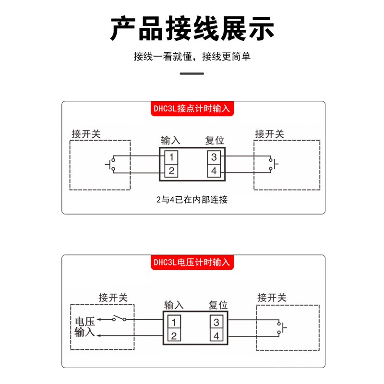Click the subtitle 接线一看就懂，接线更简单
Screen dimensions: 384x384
[192, 57]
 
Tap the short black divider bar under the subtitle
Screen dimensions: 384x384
[192, 73]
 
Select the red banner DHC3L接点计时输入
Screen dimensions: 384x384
[192, 108]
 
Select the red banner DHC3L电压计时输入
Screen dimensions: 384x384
[192, 263]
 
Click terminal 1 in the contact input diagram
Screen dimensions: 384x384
[172, 156]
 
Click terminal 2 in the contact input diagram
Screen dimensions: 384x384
[172, 170]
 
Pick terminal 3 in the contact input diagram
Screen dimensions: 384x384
[214, 156]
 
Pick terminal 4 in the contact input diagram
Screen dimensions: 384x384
[214, 170]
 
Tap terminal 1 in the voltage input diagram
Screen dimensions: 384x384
[175, 322]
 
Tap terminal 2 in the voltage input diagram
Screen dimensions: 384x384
[175, 336]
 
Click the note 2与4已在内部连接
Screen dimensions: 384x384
[192, 200]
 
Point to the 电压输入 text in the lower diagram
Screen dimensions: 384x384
[85, 326]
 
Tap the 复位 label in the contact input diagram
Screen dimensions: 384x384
[215, 141]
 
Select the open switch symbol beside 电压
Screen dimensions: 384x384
[119, 318]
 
